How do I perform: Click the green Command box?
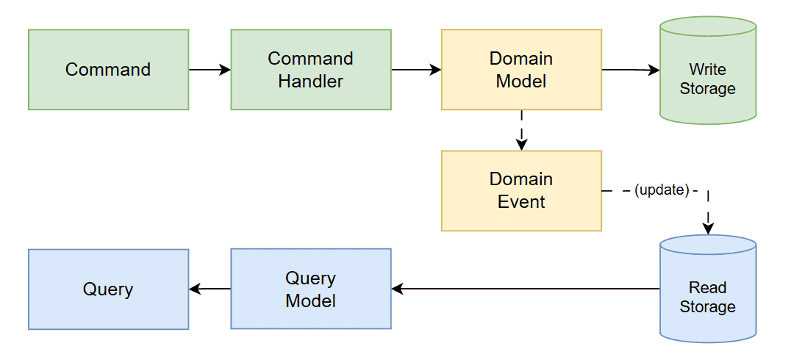click(x=108, y=70)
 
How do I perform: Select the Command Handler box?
click(x=310, y=70)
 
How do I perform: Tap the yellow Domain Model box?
click(x=520, y=70)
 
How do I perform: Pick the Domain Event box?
click(x=520, y=190)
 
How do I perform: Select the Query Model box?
click(x=310, y=289)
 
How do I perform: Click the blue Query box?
click(x=108, y=289)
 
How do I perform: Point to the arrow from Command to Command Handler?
click(x=210, y=70)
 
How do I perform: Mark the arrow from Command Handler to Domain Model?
click(x=416, y=70)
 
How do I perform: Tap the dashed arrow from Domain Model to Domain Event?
click(x=521, y=130)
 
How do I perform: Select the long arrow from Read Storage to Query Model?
click(x=526, y=289)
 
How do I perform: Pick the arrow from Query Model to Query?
click(x=210, y=289)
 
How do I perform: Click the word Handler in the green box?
click(x=310, y=81)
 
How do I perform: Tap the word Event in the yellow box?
click(x=520, y=201)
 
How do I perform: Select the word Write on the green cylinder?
click(x=707, y=70)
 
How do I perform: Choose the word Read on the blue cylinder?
click(x=707, y=287)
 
